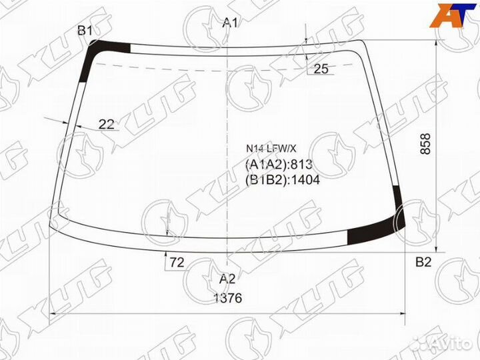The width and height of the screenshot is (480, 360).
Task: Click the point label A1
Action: [230, 23]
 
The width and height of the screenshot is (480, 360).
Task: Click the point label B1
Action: [85, 30]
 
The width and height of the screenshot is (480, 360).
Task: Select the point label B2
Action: [423, 261]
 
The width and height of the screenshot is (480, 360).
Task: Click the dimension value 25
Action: [321, 69]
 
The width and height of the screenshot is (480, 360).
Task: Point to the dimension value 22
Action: [106, 123]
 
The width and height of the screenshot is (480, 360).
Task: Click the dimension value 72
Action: [176, 263]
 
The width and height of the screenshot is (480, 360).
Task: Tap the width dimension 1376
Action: [228, 298]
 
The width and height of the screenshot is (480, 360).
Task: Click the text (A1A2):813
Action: [279, 165]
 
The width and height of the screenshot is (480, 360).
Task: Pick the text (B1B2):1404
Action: [283, 179]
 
